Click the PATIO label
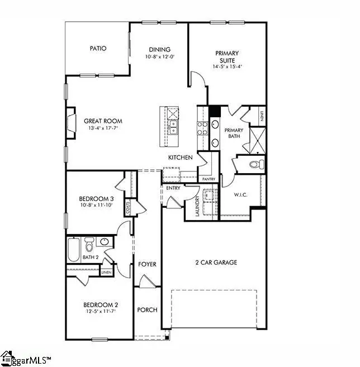(x=98, y=49)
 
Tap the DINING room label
(x=159, y=49)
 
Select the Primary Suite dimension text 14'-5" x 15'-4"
(x=227, y=66)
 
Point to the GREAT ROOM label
(x=103, y=121)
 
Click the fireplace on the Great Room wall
(x=71, y=122)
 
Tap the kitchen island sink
(x=174, y=128)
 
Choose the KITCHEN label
(x=181, y=158)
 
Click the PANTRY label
(x=209, y=179)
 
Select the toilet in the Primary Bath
(x=256, y=164)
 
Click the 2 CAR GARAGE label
(x=216, y=262)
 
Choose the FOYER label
(x=147, y=264)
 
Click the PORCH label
(x=147, y=309)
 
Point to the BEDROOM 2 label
(x=100, y=304)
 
